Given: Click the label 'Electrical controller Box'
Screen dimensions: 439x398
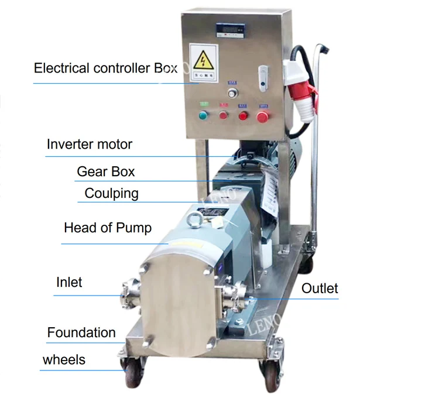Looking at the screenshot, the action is click(x=105, y=68).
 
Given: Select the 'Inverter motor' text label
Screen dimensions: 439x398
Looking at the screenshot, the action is click(x=90, y=144).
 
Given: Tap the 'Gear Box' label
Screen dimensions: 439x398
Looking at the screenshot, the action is click(x=106, y=171).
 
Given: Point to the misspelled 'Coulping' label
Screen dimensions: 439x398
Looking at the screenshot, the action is click(x=111, y=193).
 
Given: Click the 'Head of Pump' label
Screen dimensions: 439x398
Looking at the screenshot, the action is click(x=108, y=228).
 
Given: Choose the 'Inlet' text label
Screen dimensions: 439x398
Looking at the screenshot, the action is click(x=69, y=282).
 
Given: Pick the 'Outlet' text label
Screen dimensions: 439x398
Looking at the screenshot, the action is click(x=320, y=288).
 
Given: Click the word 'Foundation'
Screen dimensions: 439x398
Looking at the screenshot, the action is click(x=81, y=332).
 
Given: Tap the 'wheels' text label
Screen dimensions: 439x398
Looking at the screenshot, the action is click(x=64, y=359).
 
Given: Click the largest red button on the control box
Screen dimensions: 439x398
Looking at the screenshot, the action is click(x=263, y=116).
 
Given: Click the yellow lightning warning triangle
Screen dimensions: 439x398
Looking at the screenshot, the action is click(x=204, y=61).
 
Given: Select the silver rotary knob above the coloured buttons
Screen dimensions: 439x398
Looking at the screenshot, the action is click(x=232, y=94).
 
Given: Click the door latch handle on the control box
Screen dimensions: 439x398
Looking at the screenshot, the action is click(x=263, y=77).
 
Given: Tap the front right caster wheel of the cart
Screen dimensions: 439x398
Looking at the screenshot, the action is click(x=270, y=373).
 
